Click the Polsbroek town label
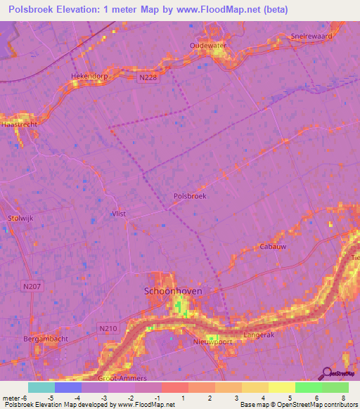pyautogui.click(x=189, y=197)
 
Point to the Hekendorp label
pyautogui.click(x=88, y=75)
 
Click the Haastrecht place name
pyautogui.click(x=19, y=123)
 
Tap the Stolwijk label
pyautogui.click(x=20, y=219)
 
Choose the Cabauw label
pyautogui.click(x=273, y=247)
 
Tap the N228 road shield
pyautogui.click(x=148, y=79)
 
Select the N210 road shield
pyautogui.click(x=107, y=328)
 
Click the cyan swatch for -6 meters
pyautogui.click(x=41, y=387)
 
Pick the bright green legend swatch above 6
pyautogui.click(x=308, y=387)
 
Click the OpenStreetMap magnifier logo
pyautogui.click(x=326, y=373)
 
